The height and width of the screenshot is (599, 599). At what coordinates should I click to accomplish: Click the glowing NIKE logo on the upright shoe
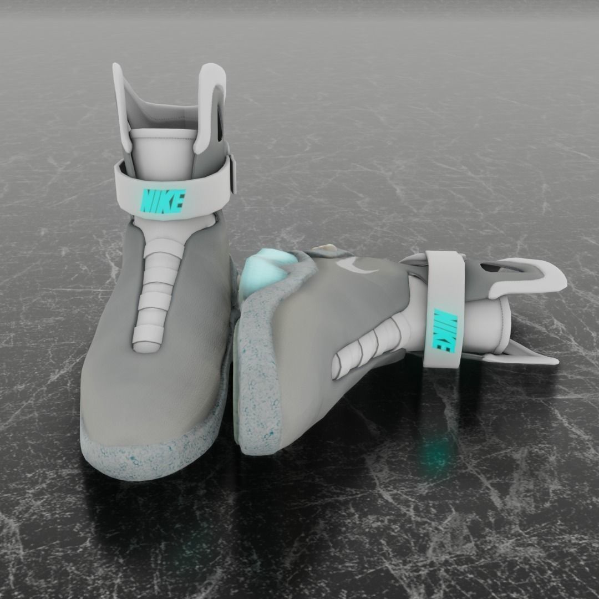click(162, 200)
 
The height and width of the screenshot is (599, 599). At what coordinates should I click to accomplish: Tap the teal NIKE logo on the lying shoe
click(444, 331)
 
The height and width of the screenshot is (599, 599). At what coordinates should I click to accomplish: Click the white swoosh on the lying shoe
click(359, 266)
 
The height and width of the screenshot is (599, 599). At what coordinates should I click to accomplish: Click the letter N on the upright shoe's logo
click(148, 201)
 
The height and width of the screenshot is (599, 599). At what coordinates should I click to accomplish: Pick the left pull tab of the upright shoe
click(121, 105)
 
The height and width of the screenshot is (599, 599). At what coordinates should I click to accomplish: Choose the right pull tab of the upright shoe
click(210, 105)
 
